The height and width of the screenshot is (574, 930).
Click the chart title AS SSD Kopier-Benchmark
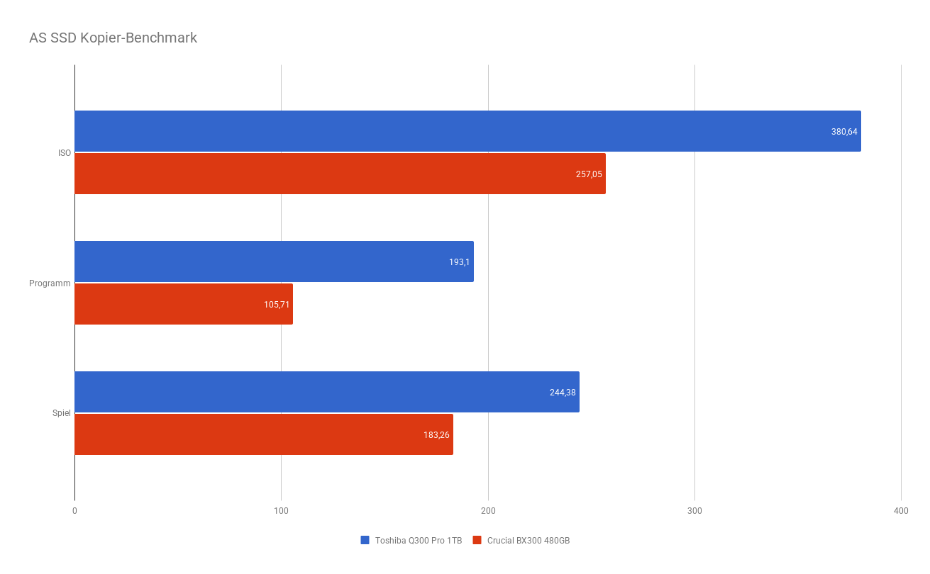113,38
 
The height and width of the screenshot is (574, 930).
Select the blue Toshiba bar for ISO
468,131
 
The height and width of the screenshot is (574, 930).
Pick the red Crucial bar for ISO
340,174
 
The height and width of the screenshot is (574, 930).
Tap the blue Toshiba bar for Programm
274,261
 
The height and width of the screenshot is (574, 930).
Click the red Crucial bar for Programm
184,304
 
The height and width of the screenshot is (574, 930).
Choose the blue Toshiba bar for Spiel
327,392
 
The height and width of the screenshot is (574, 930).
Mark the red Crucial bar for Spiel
264,434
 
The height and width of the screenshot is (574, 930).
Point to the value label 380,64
844,132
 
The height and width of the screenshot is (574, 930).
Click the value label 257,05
589,174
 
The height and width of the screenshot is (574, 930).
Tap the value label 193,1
459,262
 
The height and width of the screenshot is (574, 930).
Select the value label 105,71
277,305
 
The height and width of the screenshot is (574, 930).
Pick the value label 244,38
563,393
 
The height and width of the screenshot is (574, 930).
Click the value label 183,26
436,435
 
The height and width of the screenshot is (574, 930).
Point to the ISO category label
65,153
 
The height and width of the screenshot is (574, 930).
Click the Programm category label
50,283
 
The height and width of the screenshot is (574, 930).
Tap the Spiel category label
62,413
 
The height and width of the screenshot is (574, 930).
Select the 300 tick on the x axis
694,511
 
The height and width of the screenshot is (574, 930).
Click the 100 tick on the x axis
281,511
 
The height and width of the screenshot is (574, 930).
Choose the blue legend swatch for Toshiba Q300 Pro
365,540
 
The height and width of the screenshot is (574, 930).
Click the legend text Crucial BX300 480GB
528,541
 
